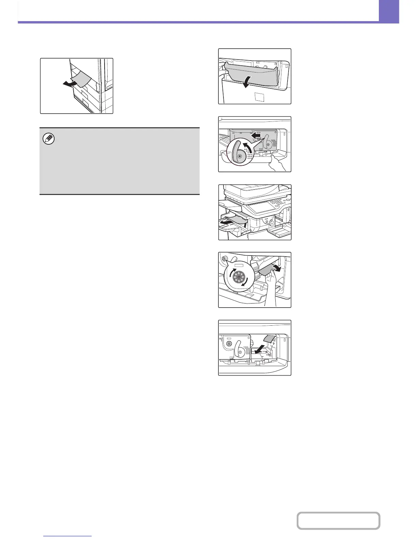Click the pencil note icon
[x=50, y=139]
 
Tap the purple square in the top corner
[x=389, y=11]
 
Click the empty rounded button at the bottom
[x=338, y=521]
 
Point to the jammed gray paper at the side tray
[x=82, y=80]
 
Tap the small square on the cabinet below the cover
[x=259, y=98]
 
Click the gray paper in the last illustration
[x=269, y=339]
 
